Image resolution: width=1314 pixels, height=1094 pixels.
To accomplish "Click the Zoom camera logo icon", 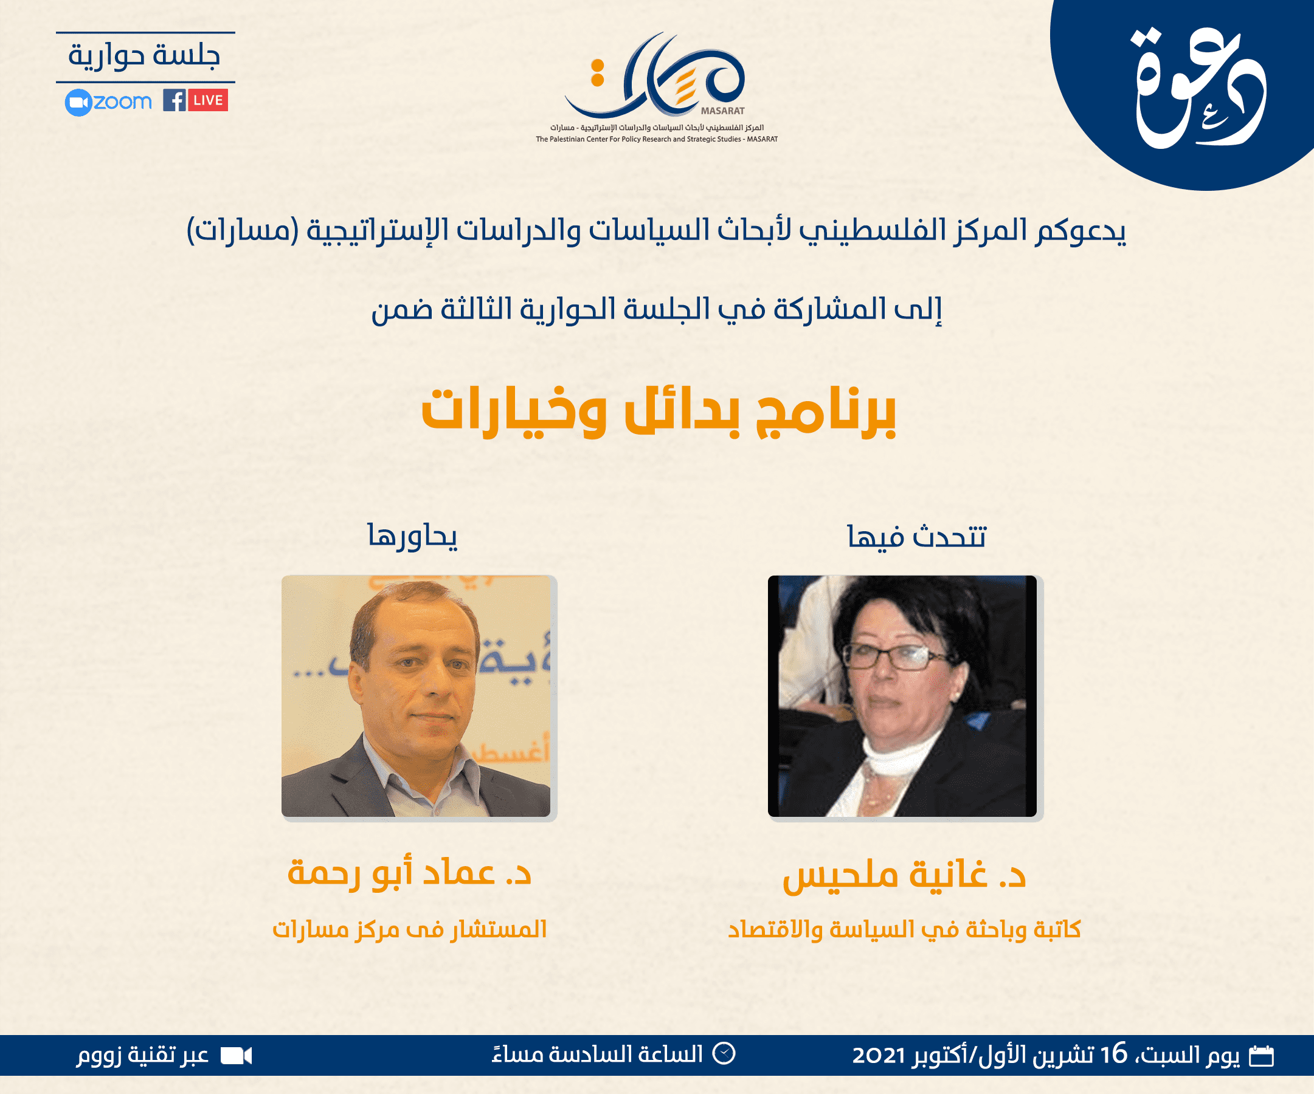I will pyautogui.click(x=78, y=103).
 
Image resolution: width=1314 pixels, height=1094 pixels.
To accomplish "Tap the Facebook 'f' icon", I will pyautogui.click(x=175, y=100).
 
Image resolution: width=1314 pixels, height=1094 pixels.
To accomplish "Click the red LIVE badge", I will pyautogui.click(x=209, y=100).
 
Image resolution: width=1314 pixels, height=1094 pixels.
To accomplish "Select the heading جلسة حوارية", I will pyautogui.click(x=145, y=56).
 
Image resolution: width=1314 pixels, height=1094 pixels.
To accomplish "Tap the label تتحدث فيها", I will pyautogui.click(x=917, y=537).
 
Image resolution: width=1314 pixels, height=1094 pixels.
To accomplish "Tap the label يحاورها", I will pyautogui.click(x=412, y=536).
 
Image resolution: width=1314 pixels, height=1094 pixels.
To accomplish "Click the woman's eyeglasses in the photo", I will pyautogui.click(x=895, y=656).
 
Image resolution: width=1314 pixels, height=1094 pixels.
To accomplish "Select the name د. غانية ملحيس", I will pyautogui.click(x=904, y=874).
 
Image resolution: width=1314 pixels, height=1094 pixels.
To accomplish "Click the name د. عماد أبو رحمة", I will pyautogui.click(x=409, y=873).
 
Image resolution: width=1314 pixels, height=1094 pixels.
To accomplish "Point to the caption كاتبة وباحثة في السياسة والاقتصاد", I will pyautogui.click(x=904, y=929).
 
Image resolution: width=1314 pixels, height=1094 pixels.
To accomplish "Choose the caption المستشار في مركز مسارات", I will pyautogui.click(x=410, y=929).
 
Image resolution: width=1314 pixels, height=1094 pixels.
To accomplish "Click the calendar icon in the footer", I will pyautogui.click(x=1262, y=1056).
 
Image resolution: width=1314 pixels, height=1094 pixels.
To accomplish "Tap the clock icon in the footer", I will pyautogui.click(x=725, y=1053).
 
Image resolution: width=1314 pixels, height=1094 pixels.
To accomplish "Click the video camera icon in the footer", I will pyautogui.click(x=237, y=1056).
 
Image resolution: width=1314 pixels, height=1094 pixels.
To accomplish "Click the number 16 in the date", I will pyautogui.click(x=1114, y=1054).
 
